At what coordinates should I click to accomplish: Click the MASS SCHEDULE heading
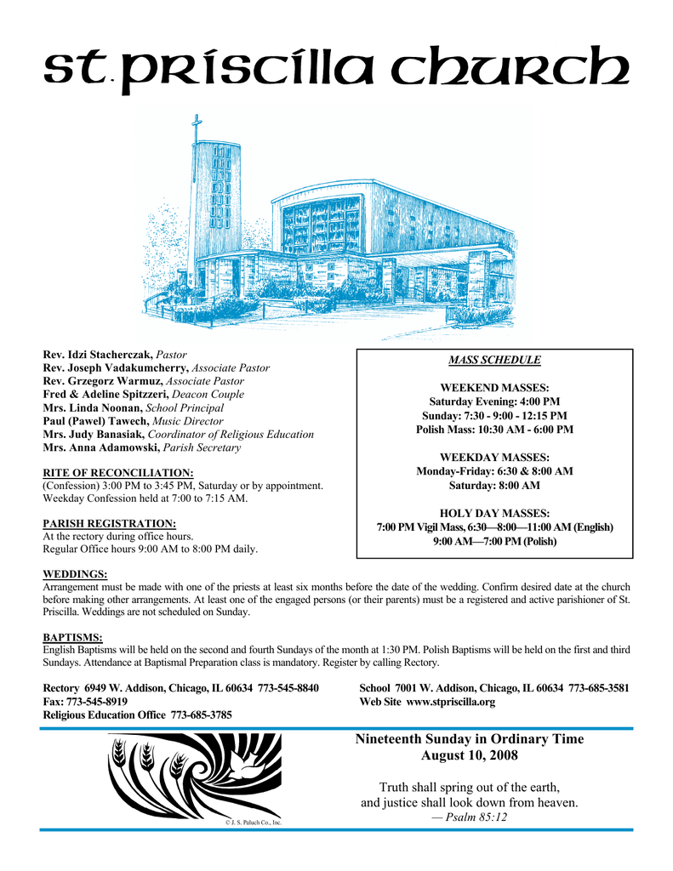pyautogui.click(x=494, y=361)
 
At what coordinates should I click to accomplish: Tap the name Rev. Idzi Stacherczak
pyautogui.click(x=98, y=354)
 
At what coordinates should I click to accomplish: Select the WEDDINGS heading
pyautogui.click(x=75, y=575)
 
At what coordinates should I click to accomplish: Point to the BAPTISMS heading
pyautogui.click(x=72, y=637)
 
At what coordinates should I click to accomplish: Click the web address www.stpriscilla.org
pyautogui.click(x=451, y=703)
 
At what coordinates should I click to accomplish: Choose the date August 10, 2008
pyautogui.click(x=469, y=755)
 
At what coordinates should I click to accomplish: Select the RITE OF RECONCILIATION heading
pyautogui.click(x=118, y=472)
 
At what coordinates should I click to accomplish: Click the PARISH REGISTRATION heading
pyautogui.click(x=110, y=523)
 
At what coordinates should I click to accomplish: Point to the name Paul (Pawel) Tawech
pyautogui.click(x=95, y=421)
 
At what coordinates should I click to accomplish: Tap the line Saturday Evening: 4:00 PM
pyautogui.click(x=494, y=401)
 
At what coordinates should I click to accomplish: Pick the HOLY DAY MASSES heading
pyautogui.click(x=494, y=513)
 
